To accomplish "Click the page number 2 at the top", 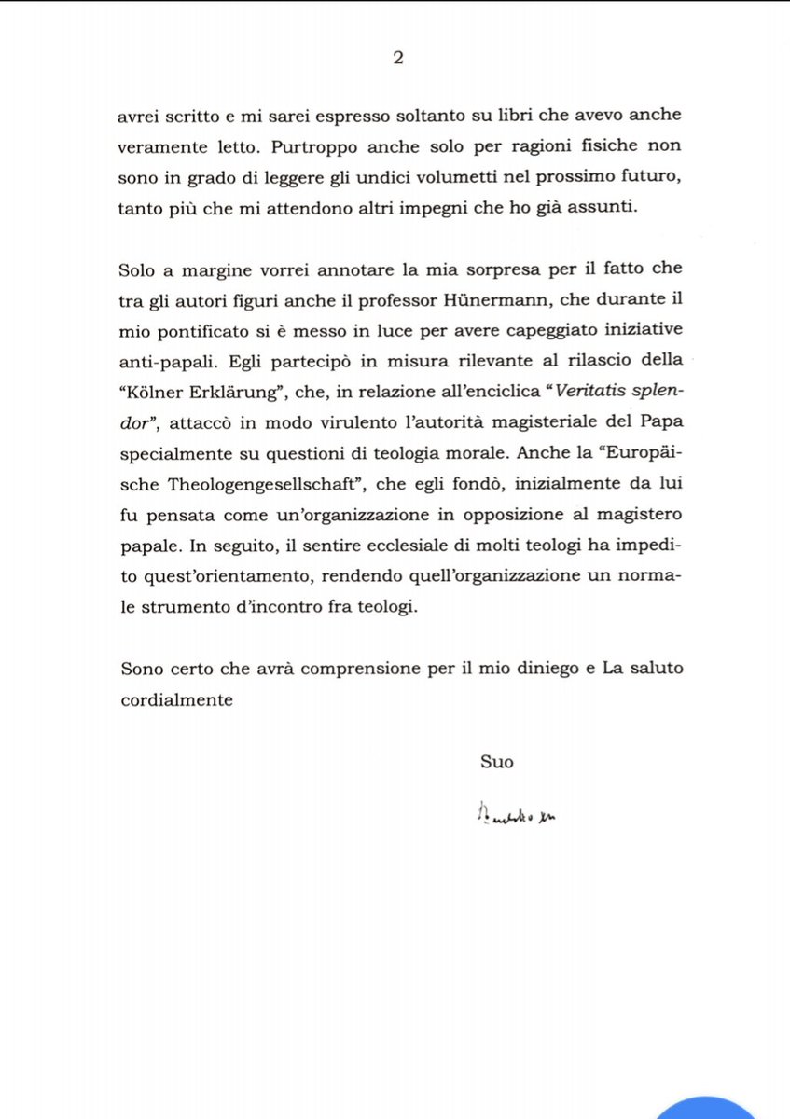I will point(397,58).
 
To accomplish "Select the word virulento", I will point(328,421).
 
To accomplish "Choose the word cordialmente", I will point(177,699).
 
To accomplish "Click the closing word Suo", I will point(497,761).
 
